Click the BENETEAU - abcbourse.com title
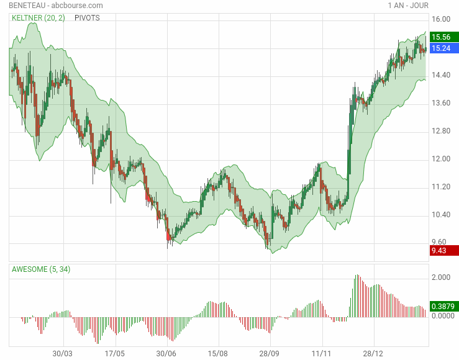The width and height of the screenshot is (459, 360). (x=56, y=6)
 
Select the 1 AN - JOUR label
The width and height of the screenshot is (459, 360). (x=407, y=6)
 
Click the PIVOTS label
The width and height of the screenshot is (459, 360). (x=87, y=18)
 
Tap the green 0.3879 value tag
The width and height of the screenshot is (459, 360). (x=443, y=306)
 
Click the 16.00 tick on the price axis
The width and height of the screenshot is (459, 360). (x=441, y=19)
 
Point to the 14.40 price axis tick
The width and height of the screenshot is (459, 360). (x=441, y=75)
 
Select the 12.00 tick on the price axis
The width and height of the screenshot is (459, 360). (x=441, y=159)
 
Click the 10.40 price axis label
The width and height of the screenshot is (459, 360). (x=441, y=215)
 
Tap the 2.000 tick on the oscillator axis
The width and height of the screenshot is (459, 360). (x=441, y=277)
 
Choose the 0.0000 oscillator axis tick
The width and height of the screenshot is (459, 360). (x=443, y=316)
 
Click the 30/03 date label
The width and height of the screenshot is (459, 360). (x=62, y=353)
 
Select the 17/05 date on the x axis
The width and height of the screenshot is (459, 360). (x=115, y=353)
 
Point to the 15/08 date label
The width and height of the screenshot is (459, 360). (x=217, y=353)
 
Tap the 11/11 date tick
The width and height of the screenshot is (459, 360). (x=321, y=353)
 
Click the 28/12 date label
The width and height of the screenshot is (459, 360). (x=373, y=353)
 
